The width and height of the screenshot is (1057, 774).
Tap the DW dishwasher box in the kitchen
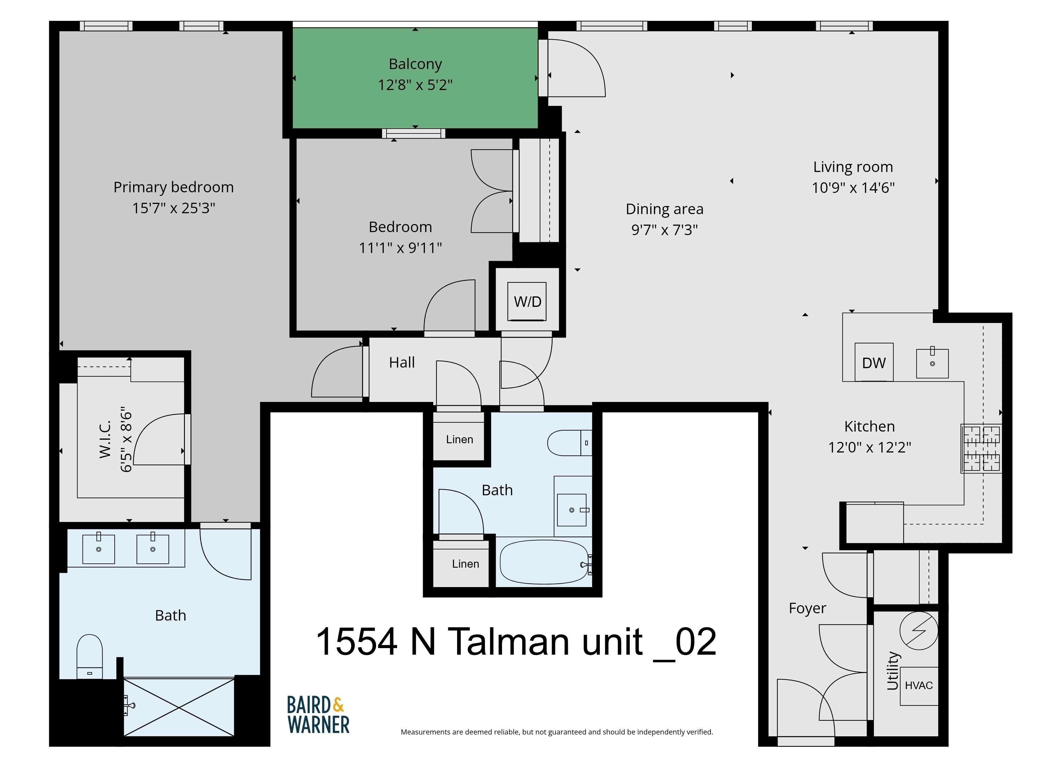[x=874, y=362]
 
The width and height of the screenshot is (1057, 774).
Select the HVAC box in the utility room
[x=919, y=686]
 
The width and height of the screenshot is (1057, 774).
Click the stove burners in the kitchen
[x=981, y=448]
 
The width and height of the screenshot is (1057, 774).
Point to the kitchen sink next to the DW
[x=932, y=363]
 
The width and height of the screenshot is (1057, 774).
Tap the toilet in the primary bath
[x=89, y=656]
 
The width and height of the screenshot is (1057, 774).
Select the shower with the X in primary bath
[x=179, y=708]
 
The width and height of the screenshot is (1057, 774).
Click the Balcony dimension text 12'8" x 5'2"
[x=415, y=85]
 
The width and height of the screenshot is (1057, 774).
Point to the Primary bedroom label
[x=174, y=187]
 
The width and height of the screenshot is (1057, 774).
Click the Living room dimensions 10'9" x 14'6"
[x=853, y=188]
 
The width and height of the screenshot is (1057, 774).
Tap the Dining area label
[x=665, y=209]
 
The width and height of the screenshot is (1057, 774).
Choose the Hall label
[x=402, y=362]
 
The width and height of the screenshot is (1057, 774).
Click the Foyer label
[x=807, y=608]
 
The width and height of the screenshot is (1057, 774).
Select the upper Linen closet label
[x=459, y=439]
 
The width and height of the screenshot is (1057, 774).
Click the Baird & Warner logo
[x=318, y=714]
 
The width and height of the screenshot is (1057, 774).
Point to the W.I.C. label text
[x=105, y=439]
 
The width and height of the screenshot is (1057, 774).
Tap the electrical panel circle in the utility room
[x=919, y=631]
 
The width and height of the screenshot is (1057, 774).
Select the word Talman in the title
[x=509, y=642]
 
